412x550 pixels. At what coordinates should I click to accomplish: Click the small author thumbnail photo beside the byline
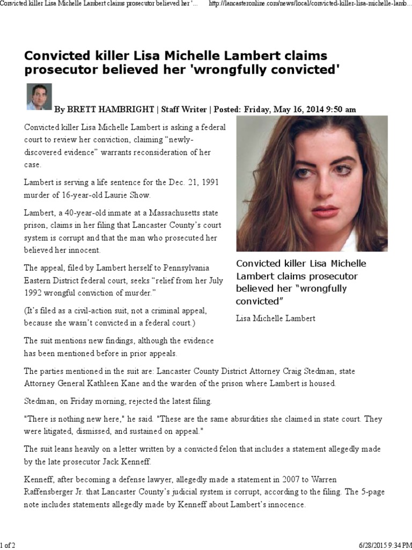tap(39, 97)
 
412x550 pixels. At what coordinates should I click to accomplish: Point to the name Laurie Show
tap(130, 194)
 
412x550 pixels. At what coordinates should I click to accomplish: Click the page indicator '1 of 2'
tap(8, 545)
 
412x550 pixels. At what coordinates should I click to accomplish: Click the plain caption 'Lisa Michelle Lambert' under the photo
tap(276, 319)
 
